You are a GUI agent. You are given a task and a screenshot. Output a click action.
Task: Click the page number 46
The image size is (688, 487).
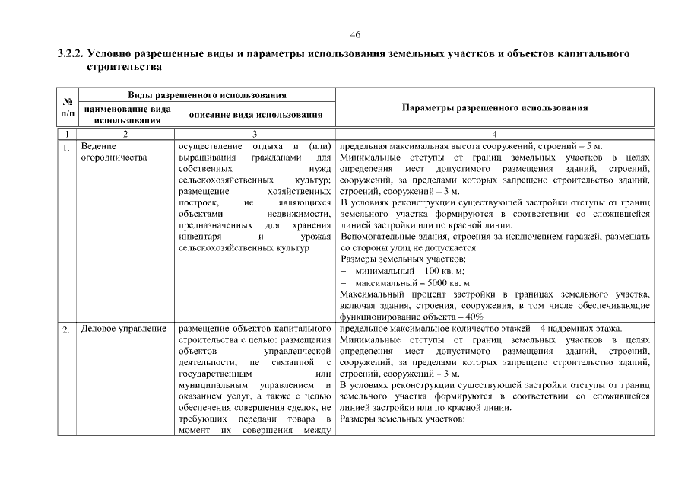pyautogui.click(x=355, y=35)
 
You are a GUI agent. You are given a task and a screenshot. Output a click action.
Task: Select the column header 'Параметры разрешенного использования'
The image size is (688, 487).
pyautogui.click(x=494, y=108)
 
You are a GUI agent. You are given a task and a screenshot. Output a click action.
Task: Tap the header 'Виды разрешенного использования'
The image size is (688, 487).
pyautogui.click(x=207, y=95)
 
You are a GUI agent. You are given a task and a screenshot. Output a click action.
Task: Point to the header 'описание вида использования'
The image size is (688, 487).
pyautogui.click(x=251, y=114)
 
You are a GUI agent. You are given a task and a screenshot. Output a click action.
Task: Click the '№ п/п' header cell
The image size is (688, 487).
pyautogui.click(x=67, y=108)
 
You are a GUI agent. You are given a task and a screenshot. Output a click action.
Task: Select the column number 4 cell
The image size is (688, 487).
pyautogui.click(x=494, y=135)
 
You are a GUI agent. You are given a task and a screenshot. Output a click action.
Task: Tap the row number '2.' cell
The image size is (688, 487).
pyautogui.click(x=67, y=329)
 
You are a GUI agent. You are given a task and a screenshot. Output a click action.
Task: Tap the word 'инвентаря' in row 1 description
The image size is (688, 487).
pyautogui.click(x=200, y=237)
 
